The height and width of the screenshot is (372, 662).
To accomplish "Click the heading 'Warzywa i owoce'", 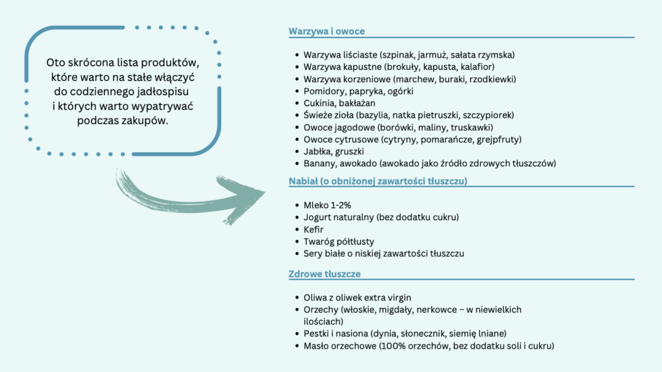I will point(326,31).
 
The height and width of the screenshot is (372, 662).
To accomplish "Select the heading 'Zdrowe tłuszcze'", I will point(325,274).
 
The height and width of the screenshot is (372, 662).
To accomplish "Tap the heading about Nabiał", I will point(378,181).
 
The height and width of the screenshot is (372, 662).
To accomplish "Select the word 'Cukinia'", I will point(319,103).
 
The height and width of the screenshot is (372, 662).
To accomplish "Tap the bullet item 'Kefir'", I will point(314,229).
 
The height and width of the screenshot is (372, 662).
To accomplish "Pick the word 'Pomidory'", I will point(323,91).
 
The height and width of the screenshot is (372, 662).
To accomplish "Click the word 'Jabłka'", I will point(317,151).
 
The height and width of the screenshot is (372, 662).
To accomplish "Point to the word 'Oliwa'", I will point(316,298).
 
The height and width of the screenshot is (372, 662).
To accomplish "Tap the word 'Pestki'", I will point(317,334).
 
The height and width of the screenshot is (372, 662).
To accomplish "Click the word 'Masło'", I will point(317,346).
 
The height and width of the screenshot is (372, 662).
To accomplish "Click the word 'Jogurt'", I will point(318,217).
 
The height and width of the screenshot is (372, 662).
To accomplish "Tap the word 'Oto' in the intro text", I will point(54,63).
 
